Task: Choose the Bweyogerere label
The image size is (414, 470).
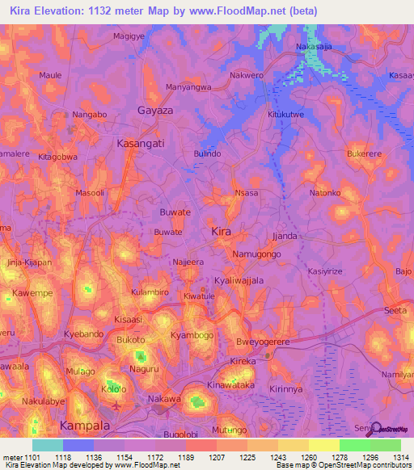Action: coord(263,342)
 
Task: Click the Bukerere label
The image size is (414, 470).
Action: coord(364,153)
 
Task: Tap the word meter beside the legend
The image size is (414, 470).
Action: coord(12,456)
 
